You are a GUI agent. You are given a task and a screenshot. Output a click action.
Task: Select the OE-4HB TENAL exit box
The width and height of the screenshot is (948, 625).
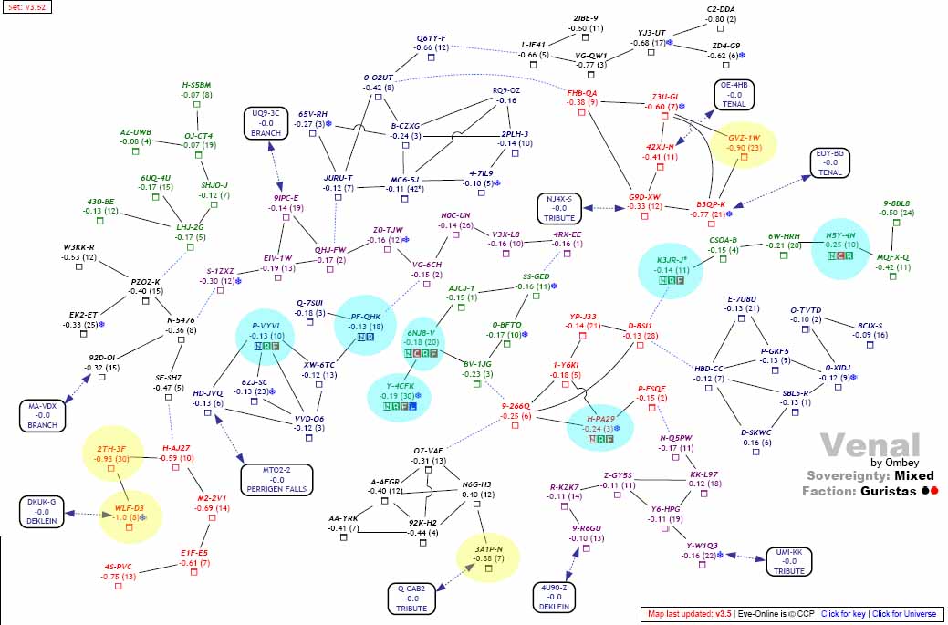(734, 94)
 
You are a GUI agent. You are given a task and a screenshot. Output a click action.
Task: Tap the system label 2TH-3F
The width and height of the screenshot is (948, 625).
(110, 448)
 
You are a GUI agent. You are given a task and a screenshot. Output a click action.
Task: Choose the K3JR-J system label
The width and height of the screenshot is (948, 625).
(672, 260)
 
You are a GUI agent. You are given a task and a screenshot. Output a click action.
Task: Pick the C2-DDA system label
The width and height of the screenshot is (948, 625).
(721, 8)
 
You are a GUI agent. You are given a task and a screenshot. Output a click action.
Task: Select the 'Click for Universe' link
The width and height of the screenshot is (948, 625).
(906, 614)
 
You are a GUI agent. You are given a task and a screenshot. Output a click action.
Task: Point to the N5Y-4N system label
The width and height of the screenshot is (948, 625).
(839, 234)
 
